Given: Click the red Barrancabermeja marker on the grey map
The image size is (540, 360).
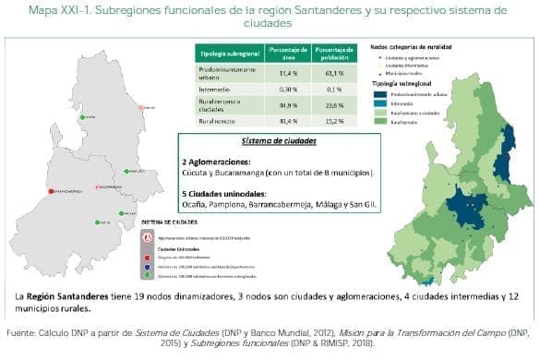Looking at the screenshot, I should pyautogui.click(x=52, y=191).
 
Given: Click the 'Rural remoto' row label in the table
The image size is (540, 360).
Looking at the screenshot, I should pyautogui.click(x=217, y=120).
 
